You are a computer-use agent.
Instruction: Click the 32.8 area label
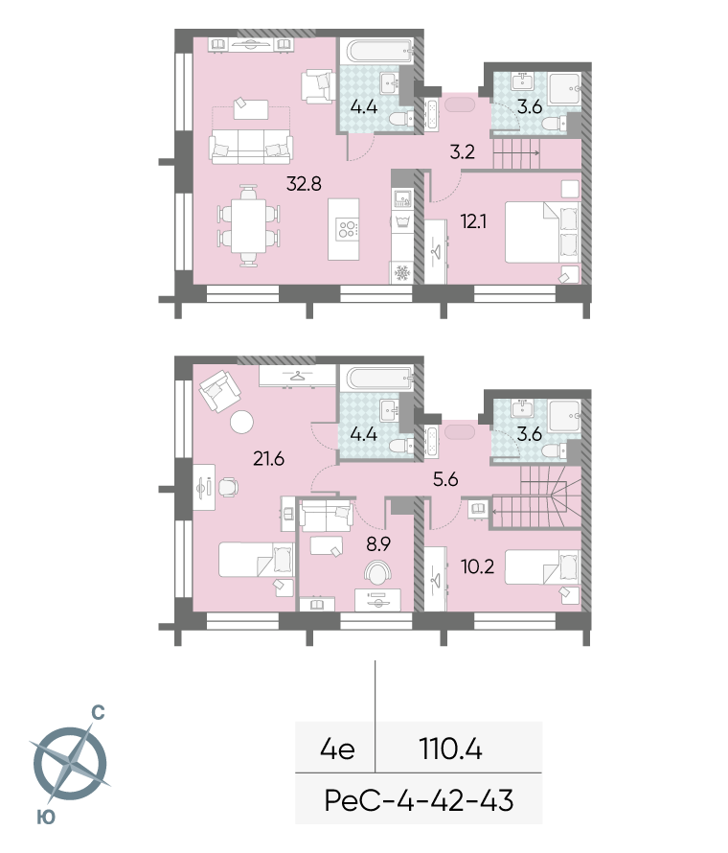pos(304,184)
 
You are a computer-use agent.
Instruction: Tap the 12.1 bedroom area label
pos(473,221)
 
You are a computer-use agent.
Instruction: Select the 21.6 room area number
pos(268,458)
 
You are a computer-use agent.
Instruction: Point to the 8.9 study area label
pos(378,543)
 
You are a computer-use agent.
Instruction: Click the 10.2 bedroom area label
pos(477,566)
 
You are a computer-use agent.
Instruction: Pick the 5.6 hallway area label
pos(445,479)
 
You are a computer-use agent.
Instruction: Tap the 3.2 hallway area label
pos(462,151)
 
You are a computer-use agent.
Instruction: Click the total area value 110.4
pos(451,749)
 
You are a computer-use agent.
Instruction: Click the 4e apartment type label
pos(337,749)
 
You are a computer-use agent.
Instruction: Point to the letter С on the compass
pos(98,713)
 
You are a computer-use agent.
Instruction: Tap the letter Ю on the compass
pos(46,817)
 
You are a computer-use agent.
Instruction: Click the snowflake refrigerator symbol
pos(401,272)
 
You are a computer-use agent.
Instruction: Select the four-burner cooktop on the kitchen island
pos(348,229)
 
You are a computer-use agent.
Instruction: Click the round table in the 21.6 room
pos(241,422)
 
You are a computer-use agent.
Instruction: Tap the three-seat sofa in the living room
pos(251,146)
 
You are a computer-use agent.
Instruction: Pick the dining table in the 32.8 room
pos(248,226)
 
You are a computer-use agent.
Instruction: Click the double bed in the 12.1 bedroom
pos(542,233)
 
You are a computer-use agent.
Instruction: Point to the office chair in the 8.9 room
pos(377,572)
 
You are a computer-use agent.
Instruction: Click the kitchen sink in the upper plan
pos(402,198)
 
